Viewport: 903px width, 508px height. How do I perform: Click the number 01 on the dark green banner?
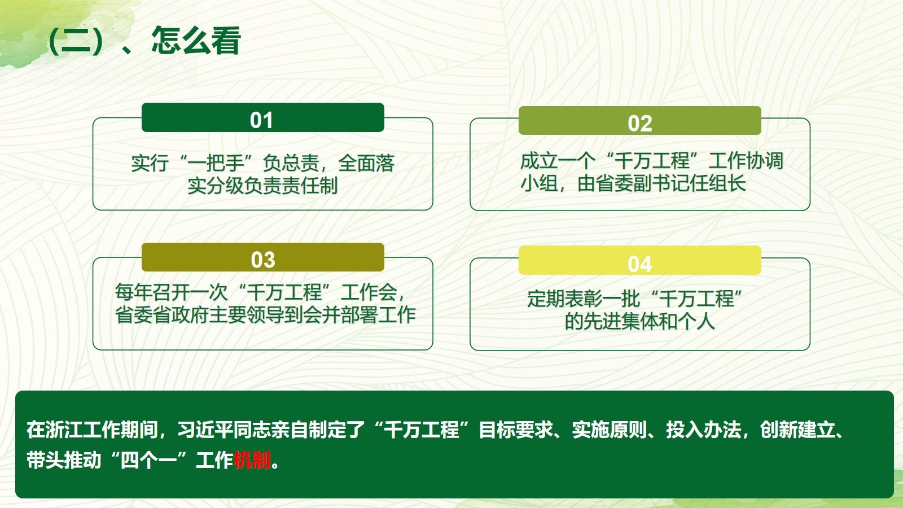tap(261, 120)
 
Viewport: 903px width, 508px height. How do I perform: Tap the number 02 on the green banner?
tap(640, 124)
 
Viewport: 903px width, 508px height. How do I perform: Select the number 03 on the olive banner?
tap(263, 260)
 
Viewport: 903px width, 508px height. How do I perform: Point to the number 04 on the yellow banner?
tap(640, 264)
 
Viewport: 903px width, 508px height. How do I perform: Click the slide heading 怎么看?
tap(196, 40)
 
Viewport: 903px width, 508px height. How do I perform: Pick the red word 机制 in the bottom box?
tap(252, 460)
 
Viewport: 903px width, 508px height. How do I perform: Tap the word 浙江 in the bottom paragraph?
tap(64, 430)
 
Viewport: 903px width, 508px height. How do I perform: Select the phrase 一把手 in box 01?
tap(216, 163)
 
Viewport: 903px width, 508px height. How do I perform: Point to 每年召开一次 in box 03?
tap(172, 292)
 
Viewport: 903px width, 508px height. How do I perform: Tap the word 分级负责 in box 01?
tap(244, 186)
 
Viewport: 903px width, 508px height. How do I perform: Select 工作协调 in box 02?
tap(746, 160)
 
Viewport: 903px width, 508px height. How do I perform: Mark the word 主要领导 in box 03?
tap(246, 314)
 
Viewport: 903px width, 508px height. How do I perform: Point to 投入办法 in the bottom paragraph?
tap(703, 430)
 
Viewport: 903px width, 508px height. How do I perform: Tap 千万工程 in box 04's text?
tap(696, 299)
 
